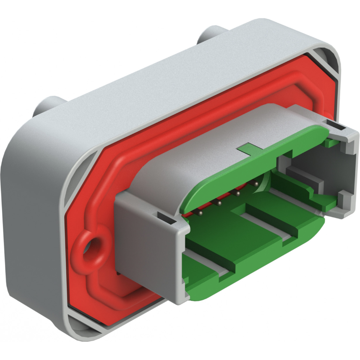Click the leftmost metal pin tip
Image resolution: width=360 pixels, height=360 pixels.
[200, 213]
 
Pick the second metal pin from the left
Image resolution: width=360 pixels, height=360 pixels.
[218, 203]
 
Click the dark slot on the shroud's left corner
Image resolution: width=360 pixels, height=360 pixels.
[165, 217]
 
